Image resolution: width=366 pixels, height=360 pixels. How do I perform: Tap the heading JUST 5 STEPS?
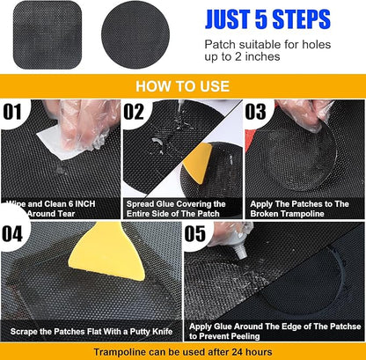[267, 18]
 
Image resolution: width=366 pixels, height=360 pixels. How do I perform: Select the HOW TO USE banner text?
[183, 87]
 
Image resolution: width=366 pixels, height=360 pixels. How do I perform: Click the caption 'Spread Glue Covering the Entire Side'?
[183, 208]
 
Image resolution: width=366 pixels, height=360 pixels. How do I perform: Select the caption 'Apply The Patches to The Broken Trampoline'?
[304, 208]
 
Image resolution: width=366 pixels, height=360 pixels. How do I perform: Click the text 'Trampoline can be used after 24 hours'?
[183, 350]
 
